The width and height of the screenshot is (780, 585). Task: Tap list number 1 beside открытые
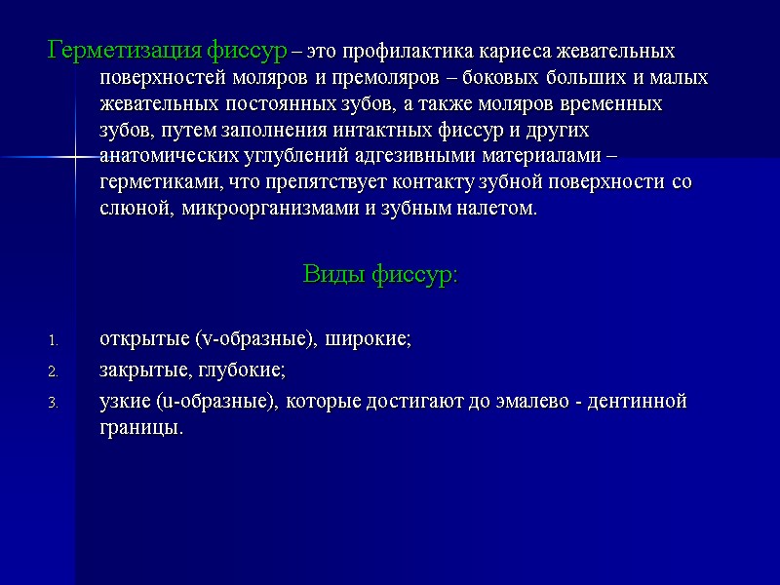55,341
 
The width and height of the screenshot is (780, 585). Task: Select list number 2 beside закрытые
55,371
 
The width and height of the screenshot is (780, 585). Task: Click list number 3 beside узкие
55,403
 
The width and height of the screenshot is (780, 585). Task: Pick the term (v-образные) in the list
253,339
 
